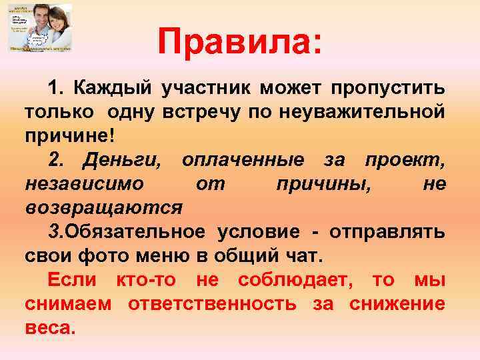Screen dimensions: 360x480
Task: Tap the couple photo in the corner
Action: tap(40, 28)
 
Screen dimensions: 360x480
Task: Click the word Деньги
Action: tap(123, 160)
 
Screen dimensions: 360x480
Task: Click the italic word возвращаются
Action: tap(103, 208)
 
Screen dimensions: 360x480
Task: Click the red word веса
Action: tap(51, 328)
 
